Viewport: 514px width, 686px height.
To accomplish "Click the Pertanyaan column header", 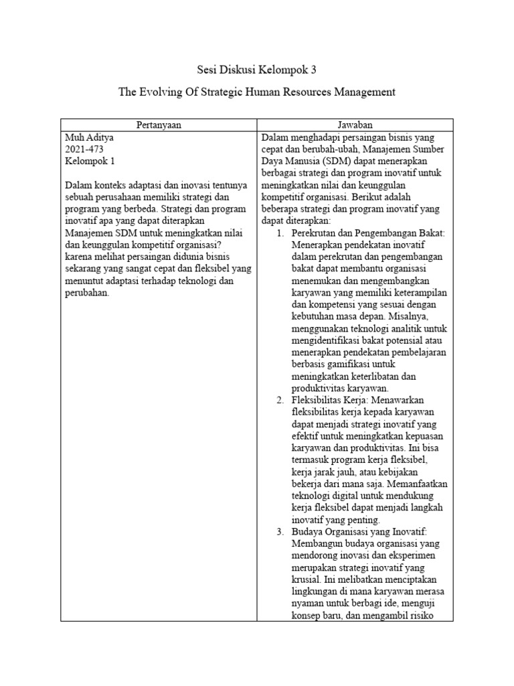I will tap(159, 125).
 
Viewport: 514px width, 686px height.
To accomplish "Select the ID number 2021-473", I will tap(84, 149).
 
